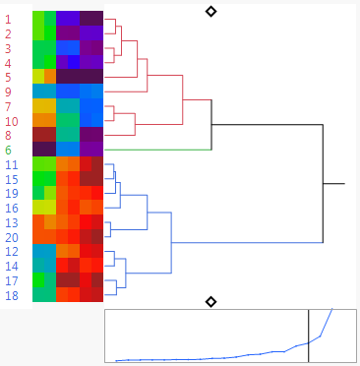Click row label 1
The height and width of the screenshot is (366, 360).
[x=9, y=19]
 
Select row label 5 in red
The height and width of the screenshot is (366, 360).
[x=9, y=77]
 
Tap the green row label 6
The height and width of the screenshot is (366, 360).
[x=9, y=150]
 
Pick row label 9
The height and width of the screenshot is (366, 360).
[x=9, y=91]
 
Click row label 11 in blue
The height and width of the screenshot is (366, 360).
[x=11, y=164]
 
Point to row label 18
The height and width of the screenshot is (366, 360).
[x=11, y=295]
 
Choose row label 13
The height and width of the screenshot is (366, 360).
[x=11, y=222]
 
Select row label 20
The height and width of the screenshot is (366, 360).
[x=11, y=237]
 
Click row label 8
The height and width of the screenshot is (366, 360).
[x=9, y=135]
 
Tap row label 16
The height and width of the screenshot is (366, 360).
[x=11, y=208]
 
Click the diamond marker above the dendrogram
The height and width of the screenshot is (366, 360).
[x=210, y=11]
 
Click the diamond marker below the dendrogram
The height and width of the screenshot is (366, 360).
[x=210, y=300]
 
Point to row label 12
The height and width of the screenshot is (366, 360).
[x=11, y=252]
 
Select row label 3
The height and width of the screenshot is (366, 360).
[x=9, y=48]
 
